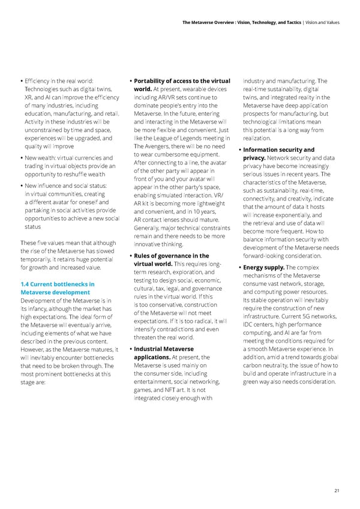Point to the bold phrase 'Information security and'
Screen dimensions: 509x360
(x=279, y=149)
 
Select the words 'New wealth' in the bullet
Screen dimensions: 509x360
(x=40, y=157)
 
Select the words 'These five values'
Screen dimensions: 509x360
(x=43, y=242)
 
